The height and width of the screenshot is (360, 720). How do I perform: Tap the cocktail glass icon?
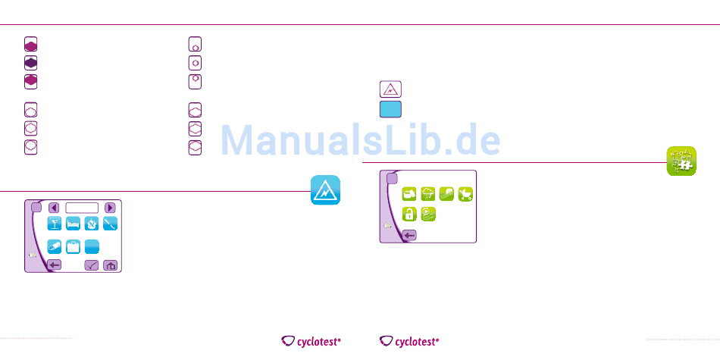(x=55, y=224)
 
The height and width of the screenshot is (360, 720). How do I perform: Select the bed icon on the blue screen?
(x=74, y=224)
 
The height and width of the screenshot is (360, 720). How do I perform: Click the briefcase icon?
(x=74, y=246)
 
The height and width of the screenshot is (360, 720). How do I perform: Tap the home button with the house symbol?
(x=111, y=265)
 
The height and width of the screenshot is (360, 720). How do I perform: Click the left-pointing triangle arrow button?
(x=55, y=207)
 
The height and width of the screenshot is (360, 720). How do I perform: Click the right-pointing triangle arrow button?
(x=110, y=207)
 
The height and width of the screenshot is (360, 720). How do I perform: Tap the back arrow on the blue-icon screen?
(x=55, y=265)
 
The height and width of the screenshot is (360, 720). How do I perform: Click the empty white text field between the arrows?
(x=82, y=207)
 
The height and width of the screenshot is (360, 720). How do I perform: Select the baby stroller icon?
(x=465, y=196)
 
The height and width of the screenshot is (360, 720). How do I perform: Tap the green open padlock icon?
(x=409, y=214)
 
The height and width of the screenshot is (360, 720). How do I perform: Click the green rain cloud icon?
(x=428, y=196)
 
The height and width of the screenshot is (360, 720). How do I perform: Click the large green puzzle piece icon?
(x=682, y=161)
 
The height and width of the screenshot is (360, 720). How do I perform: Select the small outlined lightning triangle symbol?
(x=390, y=89)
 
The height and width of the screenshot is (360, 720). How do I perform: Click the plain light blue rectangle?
(x=390, y=109)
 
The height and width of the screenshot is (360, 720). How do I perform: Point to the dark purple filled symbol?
(x=30, y=62)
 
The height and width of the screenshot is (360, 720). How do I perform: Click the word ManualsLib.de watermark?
(x=361, y=139)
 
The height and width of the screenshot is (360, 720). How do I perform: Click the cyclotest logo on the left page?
(x=311, y=342)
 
